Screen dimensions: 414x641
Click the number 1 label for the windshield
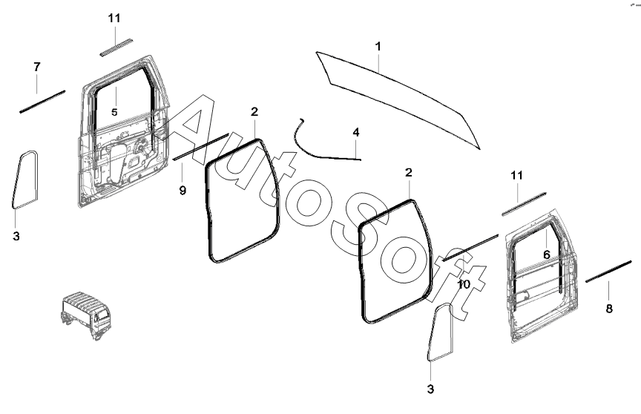tap(378, 47)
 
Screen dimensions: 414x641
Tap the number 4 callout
tap(356, 132)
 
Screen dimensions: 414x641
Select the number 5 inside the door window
tap(114, 111)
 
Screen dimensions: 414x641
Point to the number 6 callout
tap(545, 254)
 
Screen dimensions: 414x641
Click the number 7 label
tap(37, 68)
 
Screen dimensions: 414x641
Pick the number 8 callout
tap(609, 308)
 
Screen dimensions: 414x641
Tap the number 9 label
tap(183, 190)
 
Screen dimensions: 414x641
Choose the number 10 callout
tap(464, 283)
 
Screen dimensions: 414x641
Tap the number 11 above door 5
tap(114, 17)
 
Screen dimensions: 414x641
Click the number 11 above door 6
tap(517, 175)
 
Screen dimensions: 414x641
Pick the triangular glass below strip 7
tap(25, 179)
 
